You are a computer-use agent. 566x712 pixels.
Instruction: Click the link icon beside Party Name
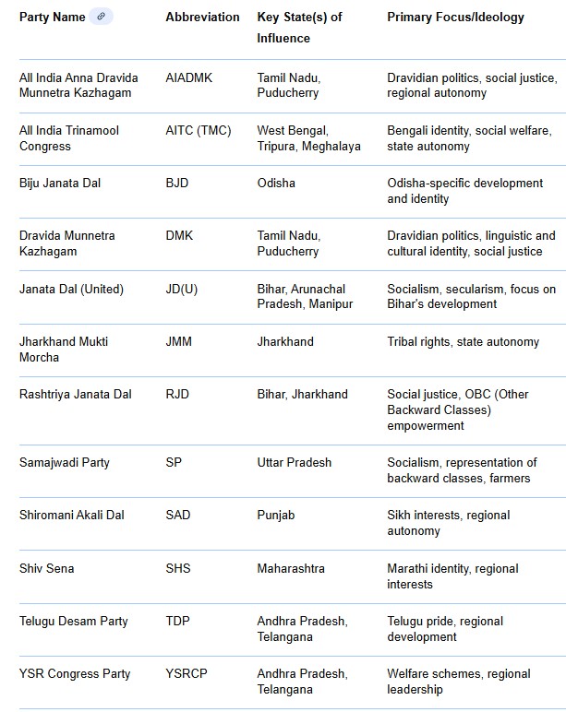(102, 17)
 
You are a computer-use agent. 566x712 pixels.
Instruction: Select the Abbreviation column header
(202, 18)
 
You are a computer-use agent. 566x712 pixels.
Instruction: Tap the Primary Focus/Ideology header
(455, 18)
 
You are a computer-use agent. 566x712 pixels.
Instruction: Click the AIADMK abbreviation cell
(188, 77)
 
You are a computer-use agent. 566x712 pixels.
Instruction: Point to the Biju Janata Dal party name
(60, 184)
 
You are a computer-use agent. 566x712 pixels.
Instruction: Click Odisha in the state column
(276, 184)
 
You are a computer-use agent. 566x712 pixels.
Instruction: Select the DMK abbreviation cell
(179, 236)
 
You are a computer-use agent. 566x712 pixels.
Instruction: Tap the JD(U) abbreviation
(181, 289)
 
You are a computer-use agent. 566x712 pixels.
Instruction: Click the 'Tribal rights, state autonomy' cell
(463, 341)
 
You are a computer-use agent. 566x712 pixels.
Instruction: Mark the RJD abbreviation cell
(178, 394)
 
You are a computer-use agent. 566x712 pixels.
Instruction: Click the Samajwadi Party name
(65, 462)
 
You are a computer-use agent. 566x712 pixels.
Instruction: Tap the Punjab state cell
(276, 516)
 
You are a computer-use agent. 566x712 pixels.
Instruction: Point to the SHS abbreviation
(178, 568)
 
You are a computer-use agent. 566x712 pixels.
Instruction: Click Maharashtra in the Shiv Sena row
(291, 568)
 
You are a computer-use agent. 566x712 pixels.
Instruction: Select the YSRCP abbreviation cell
(187, 673)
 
